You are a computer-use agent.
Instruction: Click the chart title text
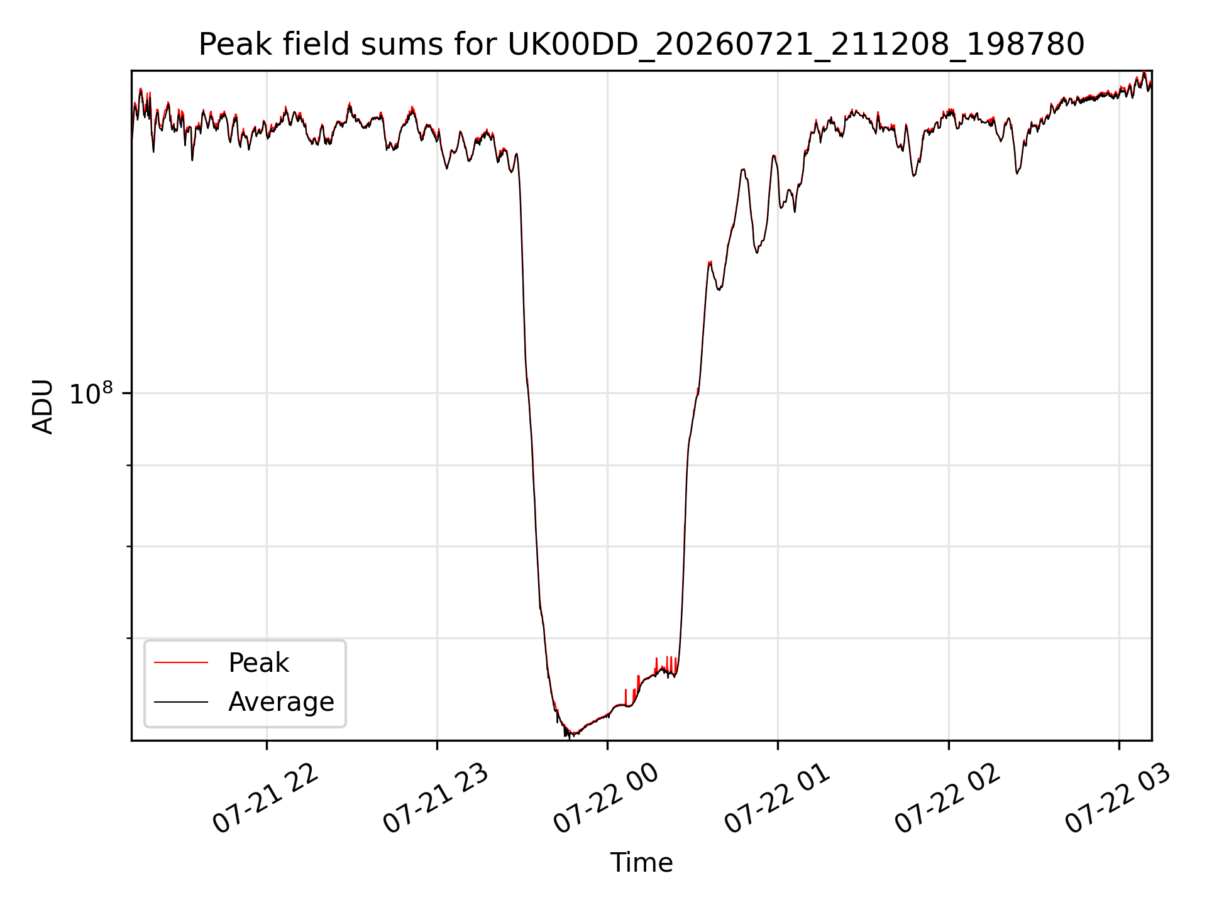coord(641,45)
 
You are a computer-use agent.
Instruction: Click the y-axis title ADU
coord(43,406)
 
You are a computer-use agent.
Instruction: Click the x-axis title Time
coord(641,863)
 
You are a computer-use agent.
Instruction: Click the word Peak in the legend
coord(258,663)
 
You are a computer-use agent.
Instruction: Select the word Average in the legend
coord(281,702)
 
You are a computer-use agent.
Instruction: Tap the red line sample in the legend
coord(181,662)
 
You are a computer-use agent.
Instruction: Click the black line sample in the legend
coord(181,701)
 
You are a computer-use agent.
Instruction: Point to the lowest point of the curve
coord(570,737)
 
